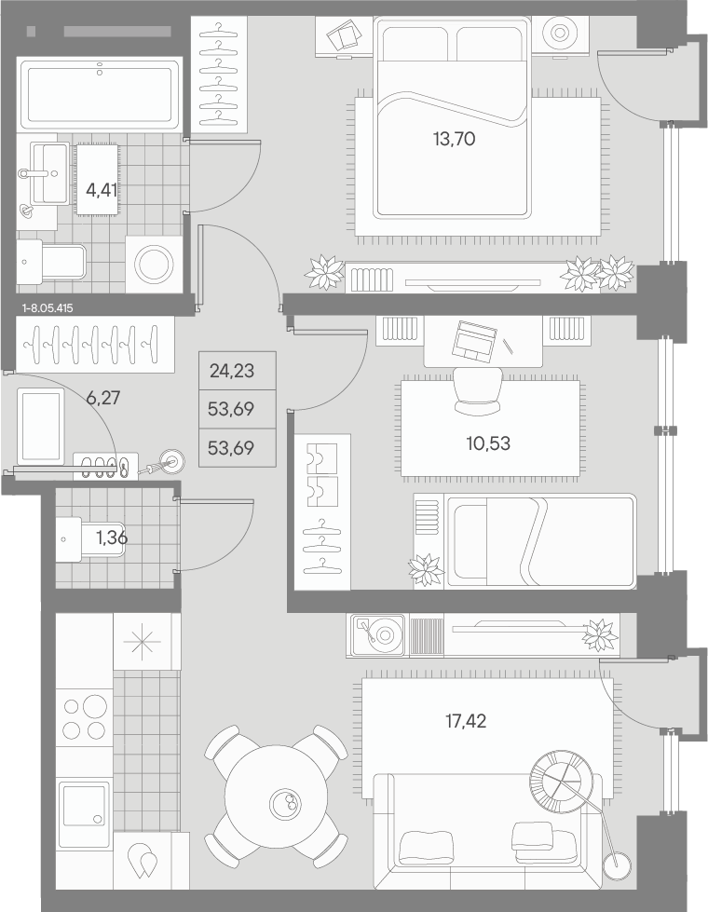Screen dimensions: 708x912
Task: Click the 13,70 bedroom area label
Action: point(454,139)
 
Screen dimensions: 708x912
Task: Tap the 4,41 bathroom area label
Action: point(102,190)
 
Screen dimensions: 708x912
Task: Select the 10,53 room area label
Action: point(488,443)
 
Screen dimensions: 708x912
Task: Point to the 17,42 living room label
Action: point(466,721)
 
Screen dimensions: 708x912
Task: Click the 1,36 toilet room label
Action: point(112,538)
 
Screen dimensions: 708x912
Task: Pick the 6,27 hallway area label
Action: point(103,398)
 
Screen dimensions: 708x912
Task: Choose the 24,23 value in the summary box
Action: point(232,371)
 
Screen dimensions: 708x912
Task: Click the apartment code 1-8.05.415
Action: point(48,308)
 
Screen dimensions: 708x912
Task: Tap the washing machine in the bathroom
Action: point(154,264)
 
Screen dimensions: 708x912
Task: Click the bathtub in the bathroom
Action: point(100,95)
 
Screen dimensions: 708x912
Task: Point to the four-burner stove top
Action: point(85,718)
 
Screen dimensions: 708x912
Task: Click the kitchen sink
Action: point(85,805)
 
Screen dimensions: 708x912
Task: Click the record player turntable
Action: point(379,635)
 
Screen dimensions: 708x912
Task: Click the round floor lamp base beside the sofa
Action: point(617,866)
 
